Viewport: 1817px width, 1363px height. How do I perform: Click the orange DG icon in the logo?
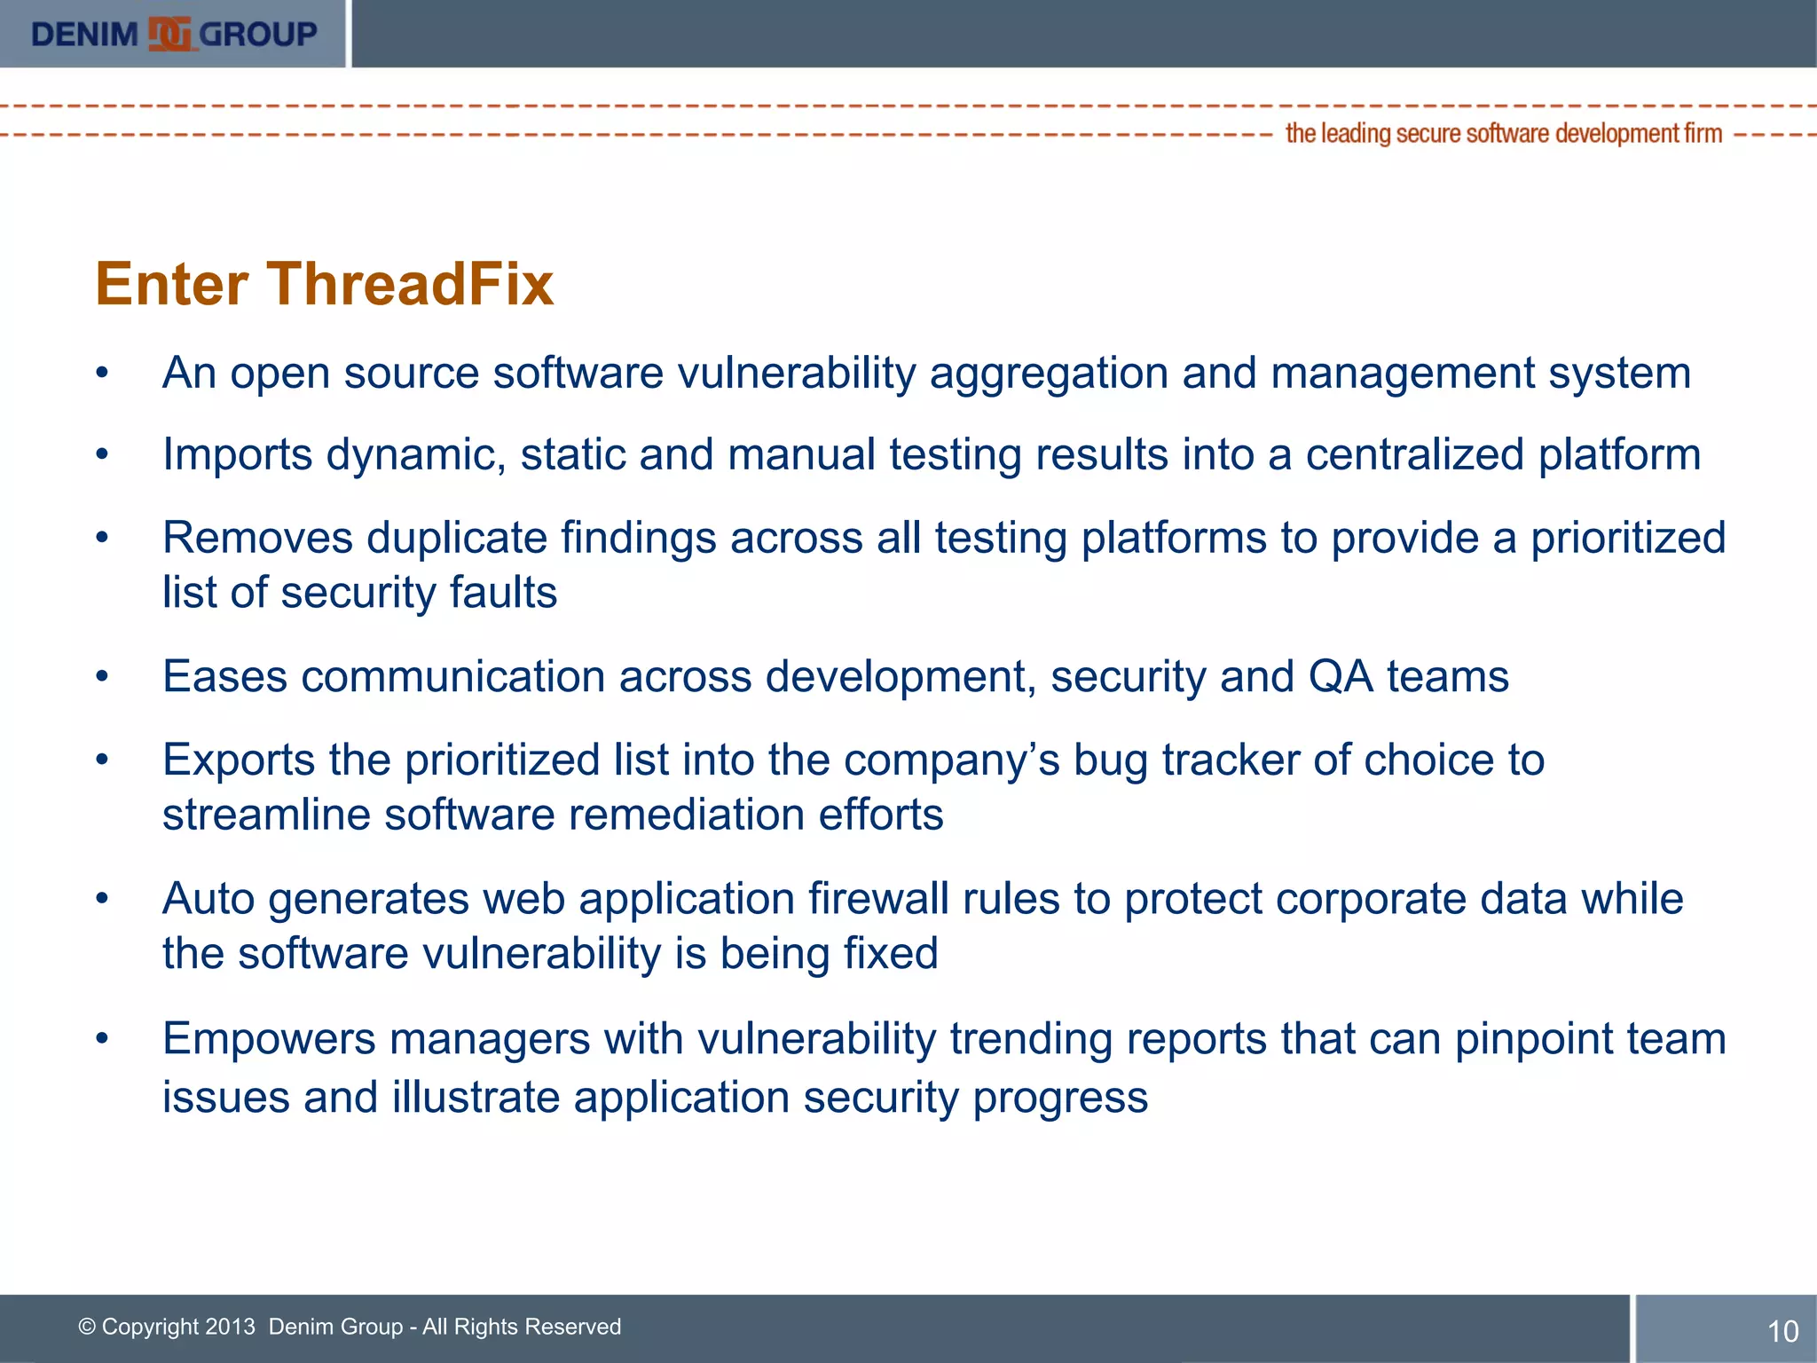click(169, 35)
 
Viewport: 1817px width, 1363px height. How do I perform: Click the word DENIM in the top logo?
click(84, 35)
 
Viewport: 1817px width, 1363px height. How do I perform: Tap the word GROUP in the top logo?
click(257, 35)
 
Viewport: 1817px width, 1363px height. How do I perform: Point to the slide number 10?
click(1782, 1331)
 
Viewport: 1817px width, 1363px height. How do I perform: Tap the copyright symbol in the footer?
click(87, 1327)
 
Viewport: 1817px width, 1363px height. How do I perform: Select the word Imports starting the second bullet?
click(237, 456)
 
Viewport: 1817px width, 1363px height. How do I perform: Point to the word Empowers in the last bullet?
click(269, 1040)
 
